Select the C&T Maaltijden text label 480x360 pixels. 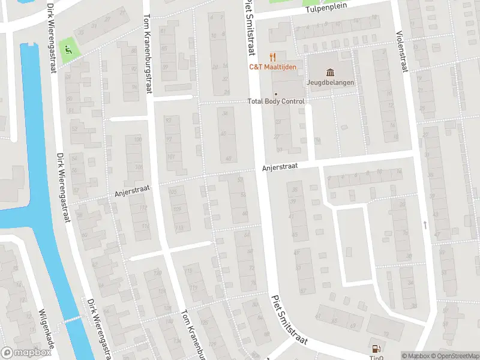(x=273, y=67)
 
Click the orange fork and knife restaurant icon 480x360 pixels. (x=274, y=56)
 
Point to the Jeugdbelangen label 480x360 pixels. (x=331, y=82)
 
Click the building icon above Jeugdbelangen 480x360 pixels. (x=331, y=71)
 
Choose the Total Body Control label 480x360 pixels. (x=276, y=101)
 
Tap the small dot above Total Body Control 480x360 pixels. (x=276, y=94)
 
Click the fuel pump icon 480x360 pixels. (x=376, y=348)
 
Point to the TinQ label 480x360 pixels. (x=376, y=358)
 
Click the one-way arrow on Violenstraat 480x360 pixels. (x=425, y=225)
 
